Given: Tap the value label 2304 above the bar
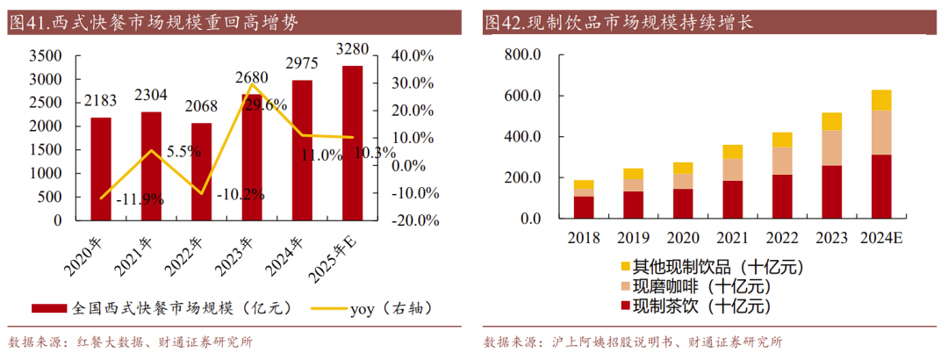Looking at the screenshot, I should [x=151, y=95].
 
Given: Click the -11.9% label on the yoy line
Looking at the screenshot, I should [x=140, y=199].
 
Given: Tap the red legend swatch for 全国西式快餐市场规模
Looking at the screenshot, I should [x=48, y=309].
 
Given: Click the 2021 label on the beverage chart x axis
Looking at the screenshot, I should [x=732, y=237].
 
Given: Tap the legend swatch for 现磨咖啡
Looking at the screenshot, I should [x=625, y=286].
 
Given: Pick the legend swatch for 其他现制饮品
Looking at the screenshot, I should [x=625, y=266].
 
